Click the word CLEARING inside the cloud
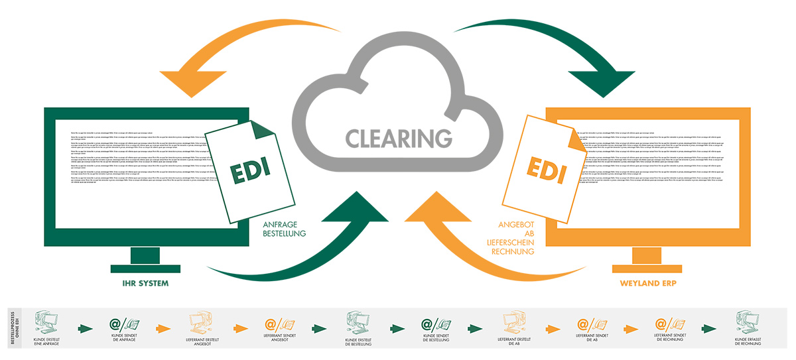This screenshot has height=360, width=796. point(398,138)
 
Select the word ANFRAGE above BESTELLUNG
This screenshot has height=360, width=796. point(279,224)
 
